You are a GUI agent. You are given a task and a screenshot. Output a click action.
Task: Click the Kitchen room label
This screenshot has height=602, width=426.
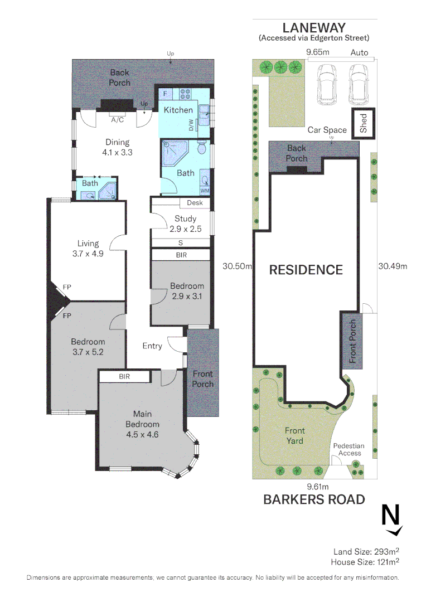[178, 110]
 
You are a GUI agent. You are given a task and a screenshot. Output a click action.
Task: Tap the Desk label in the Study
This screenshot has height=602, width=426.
[195, 203]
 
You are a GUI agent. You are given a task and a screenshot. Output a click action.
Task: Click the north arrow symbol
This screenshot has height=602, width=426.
[392, 520]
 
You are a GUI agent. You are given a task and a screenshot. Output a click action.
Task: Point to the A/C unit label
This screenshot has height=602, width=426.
[118, 120]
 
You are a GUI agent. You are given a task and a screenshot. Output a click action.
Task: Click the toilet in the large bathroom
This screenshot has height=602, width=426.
[202, 147]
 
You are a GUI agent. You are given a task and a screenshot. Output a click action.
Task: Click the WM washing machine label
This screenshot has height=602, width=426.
[205, 191]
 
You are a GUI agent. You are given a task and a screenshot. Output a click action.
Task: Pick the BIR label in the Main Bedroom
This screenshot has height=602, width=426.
[124, 377]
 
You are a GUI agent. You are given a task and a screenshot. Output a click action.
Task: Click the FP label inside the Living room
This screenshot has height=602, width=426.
[67, 287]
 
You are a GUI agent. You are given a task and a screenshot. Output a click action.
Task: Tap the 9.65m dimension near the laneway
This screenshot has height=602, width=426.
[318, 52]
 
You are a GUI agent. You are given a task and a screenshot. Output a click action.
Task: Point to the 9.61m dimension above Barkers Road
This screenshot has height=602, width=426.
[318, 487]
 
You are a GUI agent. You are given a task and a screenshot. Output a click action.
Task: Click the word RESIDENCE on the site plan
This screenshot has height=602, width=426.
[306, 270]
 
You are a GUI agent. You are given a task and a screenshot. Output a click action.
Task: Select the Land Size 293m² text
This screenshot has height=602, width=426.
[366, 552]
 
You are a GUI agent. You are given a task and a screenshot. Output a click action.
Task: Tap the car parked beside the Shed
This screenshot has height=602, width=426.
[358, 84]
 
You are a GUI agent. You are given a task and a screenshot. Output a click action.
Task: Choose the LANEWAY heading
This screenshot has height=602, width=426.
[314, 28]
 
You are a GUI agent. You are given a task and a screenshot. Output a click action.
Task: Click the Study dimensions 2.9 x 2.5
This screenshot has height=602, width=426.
[186, 229]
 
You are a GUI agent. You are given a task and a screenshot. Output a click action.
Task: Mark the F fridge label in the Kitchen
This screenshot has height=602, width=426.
[165, 94]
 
